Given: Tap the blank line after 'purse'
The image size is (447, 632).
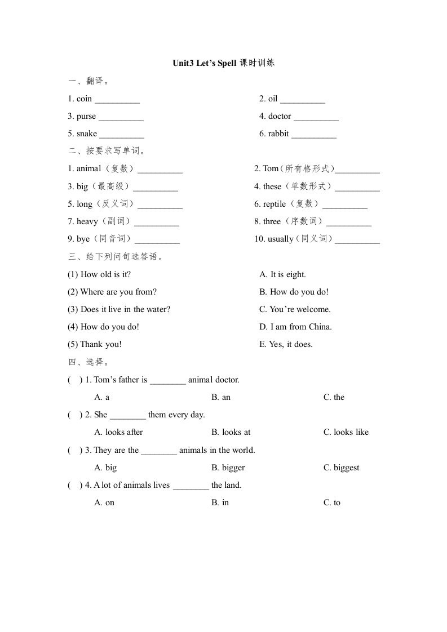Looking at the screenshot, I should coord(121,118).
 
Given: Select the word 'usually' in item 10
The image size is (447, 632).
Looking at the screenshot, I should coord(280,239).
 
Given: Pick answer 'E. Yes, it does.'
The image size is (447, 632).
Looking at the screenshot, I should coord(286,344).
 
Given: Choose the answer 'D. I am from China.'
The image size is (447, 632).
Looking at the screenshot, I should coord(295,327).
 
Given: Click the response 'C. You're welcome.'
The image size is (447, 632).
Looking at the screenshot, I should coord(295,309).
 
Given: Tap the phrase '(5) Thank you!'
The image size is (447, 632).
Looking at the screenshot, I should coord(94,344).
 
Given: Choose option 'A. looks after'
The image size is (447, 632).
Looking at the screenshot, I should coord(118,432).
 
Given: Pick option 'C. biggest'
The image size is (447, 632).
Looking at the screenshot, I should coord(341,468).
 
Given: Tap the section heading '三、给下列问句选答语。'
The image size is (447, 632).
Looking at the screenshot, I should coord(116,257).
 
